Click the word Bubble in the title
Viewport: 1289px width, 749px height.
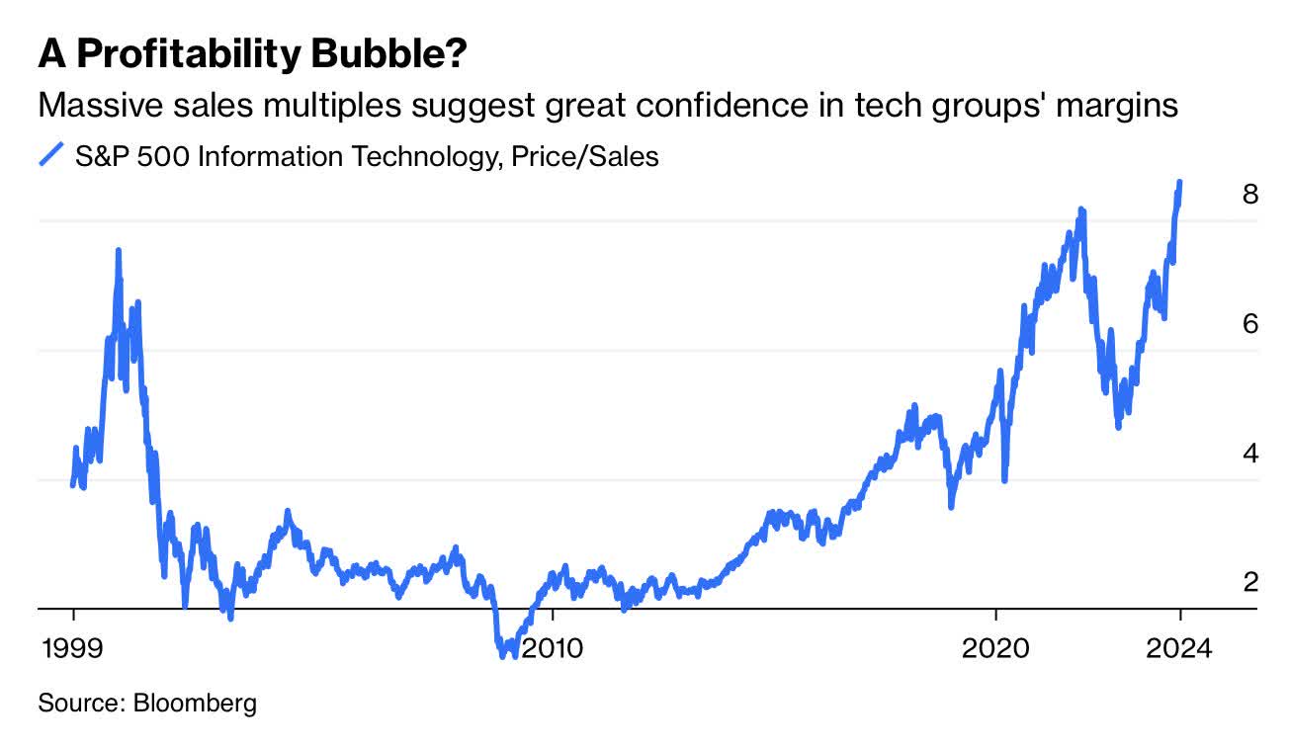pyautogui.click(x=388, y=56)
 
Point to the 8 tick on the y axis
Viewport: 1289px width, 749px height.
pyautogui.click(x=1250, y=195)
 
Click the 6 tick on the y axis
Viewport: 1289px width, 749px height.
pyautogui.click(x=1250, y=324)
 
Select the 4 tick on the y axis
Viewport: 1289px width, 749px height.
pyautogui.click(x=1250, y=454)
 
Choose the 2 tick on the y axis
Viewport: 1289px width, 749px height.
pyautogui.click(x=1250, y=583)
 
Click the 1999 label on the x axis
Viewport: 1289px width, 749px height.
pyautogui.click(x=73, y=648)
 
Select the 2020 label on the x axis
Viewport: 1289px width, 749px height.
pyautogui.click(x=996, y=648)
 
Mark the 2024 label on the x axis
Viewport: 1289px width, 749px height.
pyautogui.click(x=1179, y=648)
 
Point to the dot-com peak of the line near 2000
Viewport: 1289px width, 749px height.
pyautogui.click(x=119, y=251)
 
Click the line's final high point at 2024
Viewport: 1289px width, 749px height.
pyautogui.click(x=1180, y=183)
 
